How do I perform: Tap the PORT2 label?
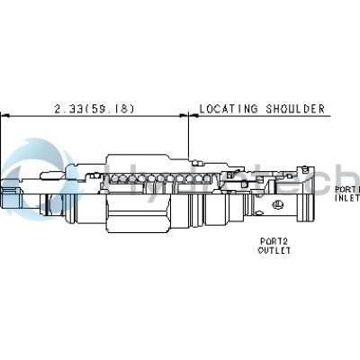(x=274, y=241)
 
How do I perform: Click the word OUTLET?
(x=274, y=251)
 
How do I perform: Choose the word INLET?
(x=347, y=199)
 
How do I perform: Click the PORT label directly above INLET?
(x=346, y=189)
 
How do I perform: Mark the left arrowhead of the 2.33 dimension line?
(x=4, y=115)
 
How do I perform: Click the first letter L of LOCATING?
(x=202, y=110)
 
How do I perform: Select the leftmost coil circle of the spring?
(x=113, y=180)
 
